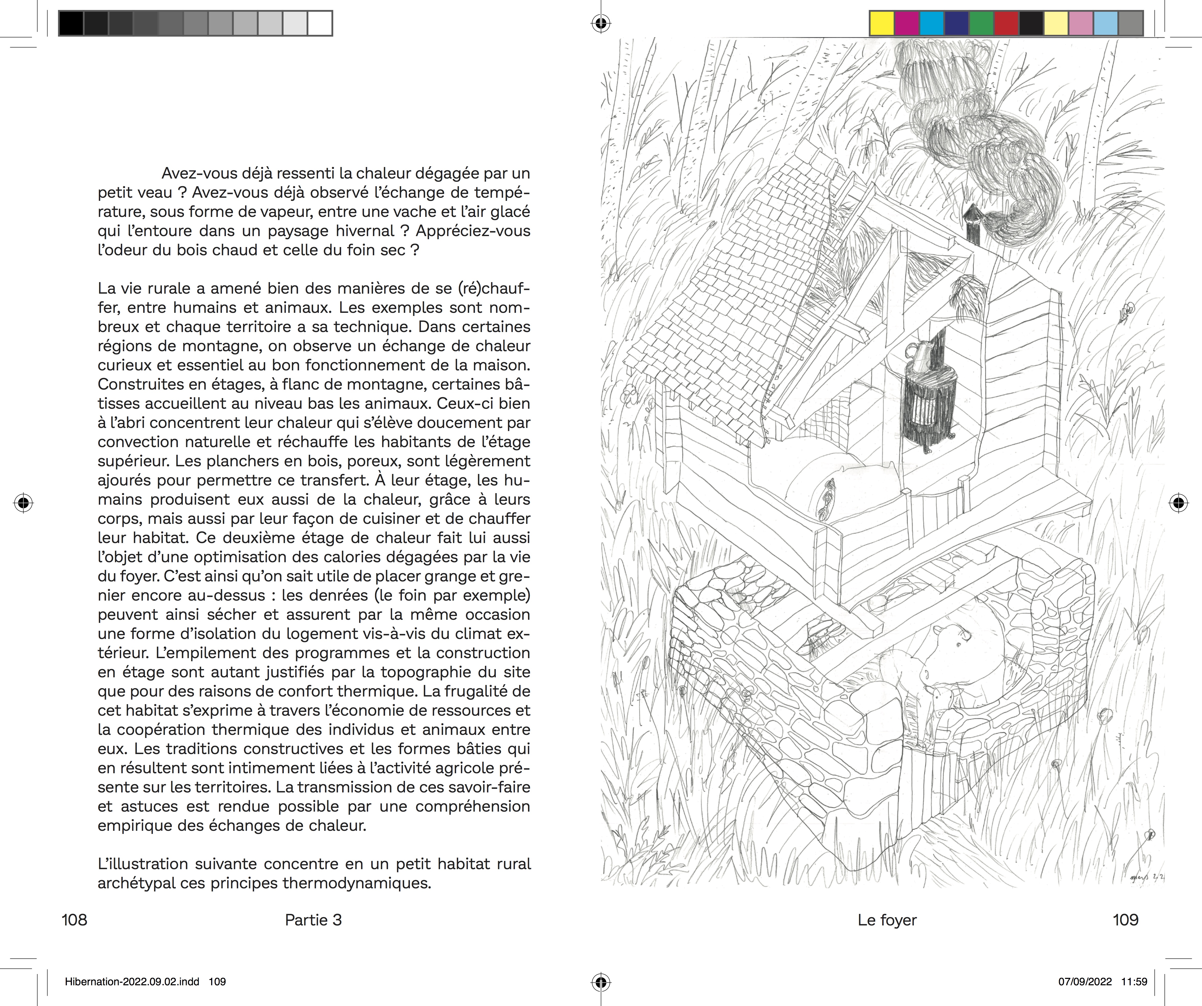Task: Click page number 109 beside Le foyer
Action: click(x=1125, y=920)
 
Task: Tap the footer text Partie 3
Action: click(x=313, y=920)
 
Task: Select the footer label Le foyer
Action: click(x=887, y=920)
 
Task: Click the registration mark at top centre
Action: click(x=600, y=24)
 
